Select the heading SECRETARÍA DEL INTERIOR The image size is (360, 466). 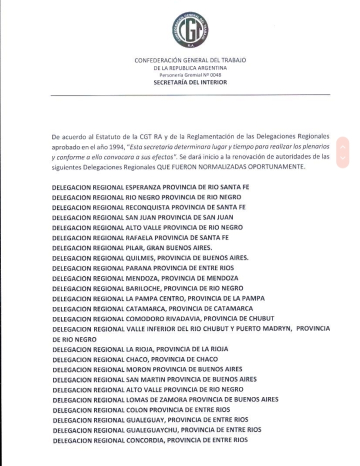tap(190, 82)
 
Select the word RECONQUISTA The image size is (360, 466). tap(146, 207)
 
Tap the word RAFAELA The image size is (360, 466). tap(140, 237)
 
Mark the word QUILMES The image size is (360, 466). tap(140, 258)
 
